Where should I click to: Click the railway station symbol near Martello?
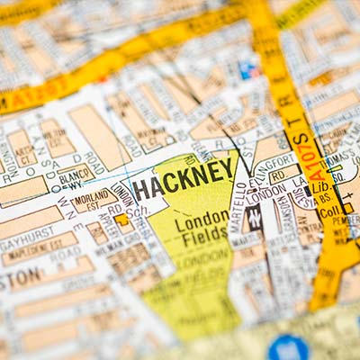pyautogui.click(x=255, y=216)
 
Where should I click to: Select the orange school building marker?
pyautogui.click(x=121, y=219)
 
